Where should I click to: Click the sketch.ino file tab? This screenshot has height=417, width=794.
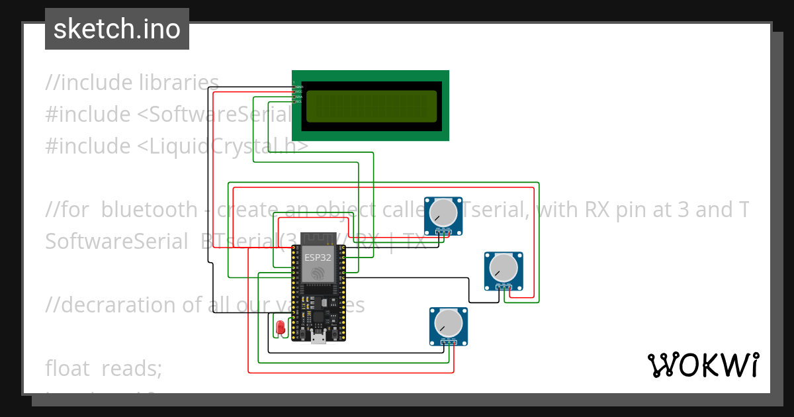click(x=117, y=29)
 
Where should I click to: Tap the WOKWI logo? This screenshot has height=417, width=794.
click(x=703, y=365)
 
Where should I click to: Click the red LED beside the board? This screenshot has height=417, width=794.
click(x=280, y=327)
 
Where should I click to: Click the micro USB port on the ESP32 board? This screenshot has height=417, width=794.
click(x=318, y=339)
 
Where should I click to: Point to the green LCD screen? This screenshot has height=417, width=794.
click(x=371, y=106)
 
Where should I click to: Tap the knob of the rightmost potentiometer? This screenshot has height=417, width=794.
click(x=504, y=267)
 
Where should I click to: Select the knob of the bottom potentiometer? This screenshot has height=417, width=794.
click(x=449, y=322)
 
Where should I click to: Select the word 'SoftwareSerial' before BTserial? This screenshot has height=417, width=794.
click(x=116, y=242)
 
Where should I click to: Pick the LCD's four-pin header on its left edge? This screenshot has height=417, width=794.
click(x=296, y=93)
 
